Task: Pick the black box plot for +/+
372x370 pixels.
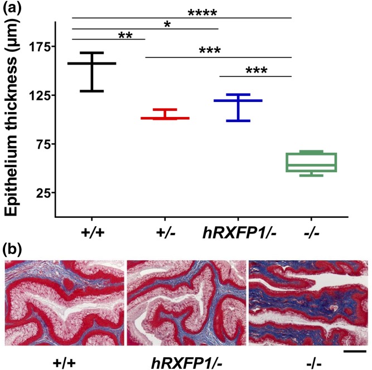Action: click(91, 71)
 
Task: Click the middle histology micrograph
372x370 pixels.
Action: click(185, 301)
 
